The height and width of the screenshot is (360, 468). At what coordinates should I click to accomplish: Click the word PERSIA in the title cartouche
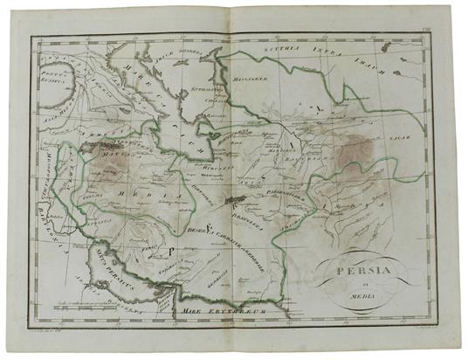355,270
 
